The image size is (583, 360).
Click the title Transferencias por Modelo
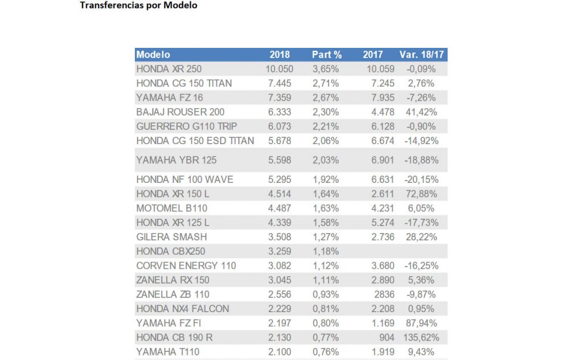click(x=138, y=6)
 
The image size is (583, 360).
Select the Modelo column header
click(x=153, y=55)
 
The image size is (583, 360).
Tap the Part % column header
click(x=327, y=55)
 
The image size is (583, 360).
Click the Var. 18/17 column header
click(x=421, y=55)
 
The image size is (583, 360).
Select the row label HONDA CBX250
click(x=171, y=251)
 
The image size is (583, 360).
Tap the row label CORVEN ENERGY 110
click(x=186, y=265)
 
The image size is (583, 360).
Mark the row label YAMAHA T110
click(x=164, y=352)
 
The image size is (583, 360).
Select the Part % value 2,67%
click(x=326, y=98)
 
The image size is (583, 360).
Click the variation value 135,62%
click(x=421, y=338)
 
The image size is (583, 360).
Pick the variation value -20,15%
click(x=421, y=179)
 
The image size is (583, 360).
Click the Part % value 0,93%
click(x=326, y=294)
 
